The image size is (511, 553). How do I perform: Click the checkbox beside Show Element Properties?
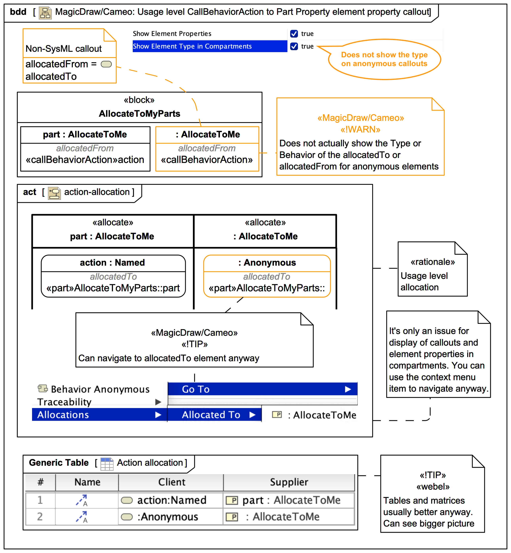[294, 34]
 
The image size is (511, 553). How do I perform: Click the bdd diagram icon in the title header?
[45, 13]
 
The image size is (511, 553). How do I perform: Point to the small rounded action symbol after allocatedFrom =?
[106, 64]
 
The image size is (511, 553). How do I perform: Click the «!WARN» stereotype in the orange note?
[360, 129]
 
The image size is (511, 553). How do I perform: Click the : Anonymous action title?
[267, 262]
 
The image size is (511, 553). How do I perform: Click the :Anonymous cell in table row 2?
[168, 516]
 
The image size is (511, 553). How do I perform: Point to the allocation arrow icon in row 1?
[82, 500]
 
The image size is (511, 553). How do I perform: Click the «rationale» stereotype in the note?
[432, 262]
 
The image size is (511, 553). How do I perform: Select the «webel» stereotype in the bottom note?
[433, 486]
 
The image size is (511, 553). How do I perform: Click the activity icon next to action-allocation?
[54, 193]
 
